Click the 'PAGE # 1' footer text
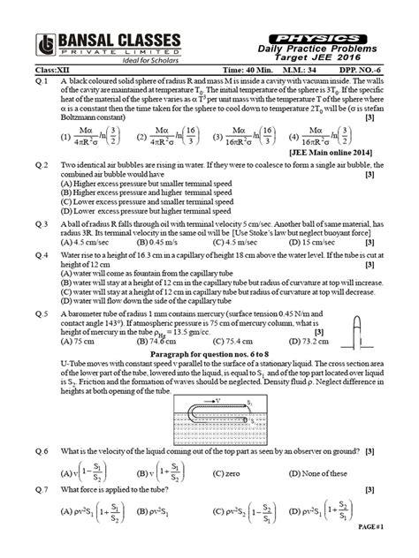pyautogui.click(x=394, y=550)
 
